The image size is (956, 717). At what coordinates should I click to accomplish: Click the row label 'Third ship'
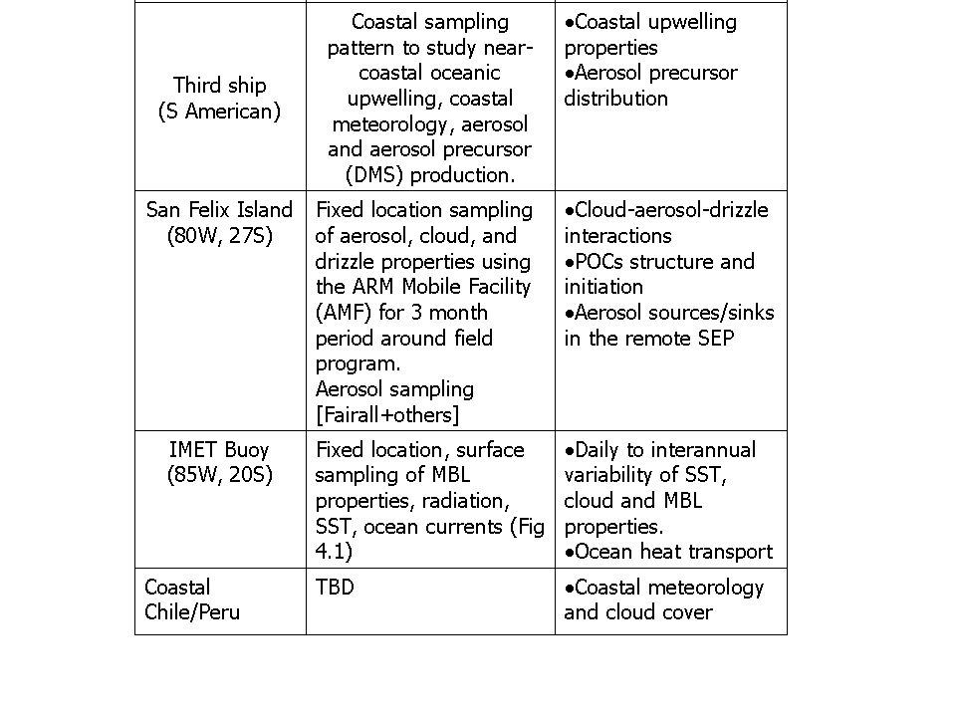point(219,86)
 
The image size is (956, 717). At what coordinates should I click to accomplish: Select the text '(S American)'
point(219,112)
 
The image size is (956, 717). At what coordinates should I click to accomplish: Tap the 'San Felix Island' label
point(219,210)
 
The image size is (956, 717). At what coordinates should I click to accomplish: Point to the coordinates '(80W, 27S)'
point(219,236)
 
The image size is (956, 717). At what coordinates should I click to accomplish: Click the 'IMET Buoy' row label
point(219,450)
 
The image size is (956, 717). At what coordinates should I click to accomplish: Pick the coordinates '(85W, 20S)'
point(219,475)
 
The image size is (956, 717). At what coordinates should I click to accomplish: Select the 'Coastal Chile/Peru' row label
point(192,599)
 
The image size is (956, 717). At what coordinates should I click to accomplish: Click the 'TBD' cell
point(335,588)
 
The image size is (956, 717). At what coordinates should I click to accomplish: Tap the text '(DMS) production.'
point(428,175)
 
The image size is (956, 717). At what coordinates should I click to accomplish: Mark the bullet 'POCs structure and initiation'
point(659,274)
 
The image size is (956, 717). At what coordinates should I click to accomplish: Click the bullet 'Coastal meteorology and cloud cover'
point(663,599)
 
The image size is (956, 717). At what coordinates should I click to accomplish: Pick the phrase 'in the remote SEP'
point(648,339)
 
